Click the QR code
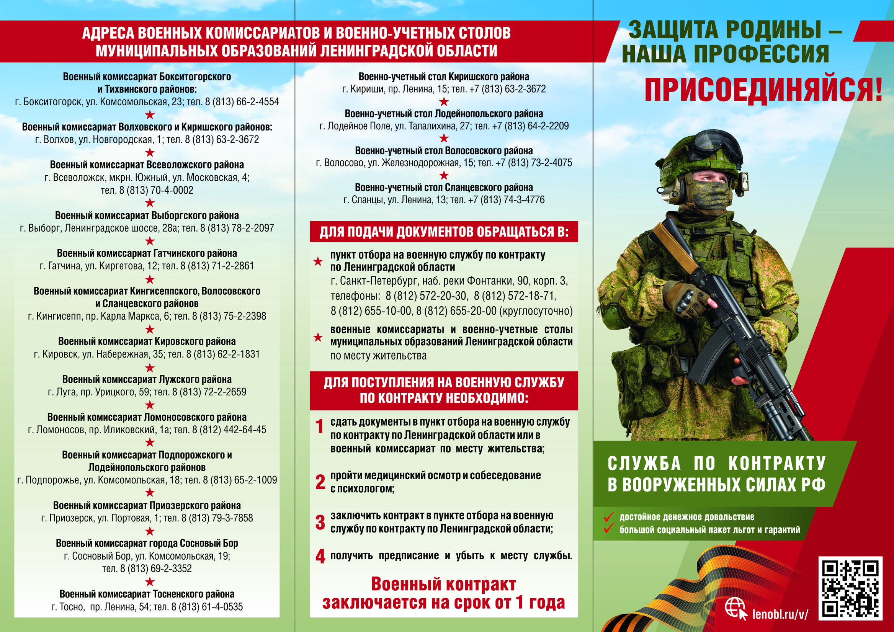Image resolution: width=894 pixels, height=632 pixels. [x=850, y=588]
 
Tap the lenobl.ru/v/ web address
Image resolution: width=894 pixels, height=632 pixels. [x=780, y=614]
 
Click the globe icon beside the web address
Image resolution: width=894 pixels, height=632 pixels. [x=734, y=608]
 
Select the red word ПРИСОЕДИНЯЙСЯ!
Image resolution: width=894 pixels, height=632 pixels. [x=763, y=90]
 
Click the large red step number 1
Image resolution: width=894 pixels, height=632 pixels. [x=319, y=426]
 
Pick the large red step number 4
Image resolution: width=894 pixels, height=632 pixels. [x=320, y=556]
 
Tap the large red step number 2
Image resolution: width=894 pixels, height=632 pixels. [x=320, y=482]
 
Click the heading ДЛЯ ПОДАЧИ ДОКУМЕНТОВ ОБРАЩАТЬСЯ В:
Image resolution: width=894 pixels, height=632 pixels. [x=444, y=232]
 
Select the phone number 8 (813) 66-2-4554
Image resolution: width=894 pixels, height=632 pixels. [x=242, y=102]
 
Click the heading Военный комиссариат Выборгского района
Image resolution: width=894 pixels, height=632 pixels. [x=147, y=216]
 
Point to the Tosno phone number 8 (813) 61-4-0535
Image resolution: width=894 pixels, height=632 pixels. [x=210, y=607]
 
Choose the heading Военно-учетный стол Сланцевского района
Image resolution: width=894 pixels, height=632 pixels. [x=444, y=187]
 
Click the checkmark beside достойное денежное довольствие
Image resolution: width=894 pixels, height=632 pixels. [x=609, y=517]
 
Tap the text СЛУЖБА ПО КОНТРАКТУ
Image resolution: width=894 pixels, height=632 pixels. [x=716, y=464]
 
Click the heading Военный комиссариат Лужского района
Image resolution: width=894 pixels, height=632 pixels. [x=147, y=379]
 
